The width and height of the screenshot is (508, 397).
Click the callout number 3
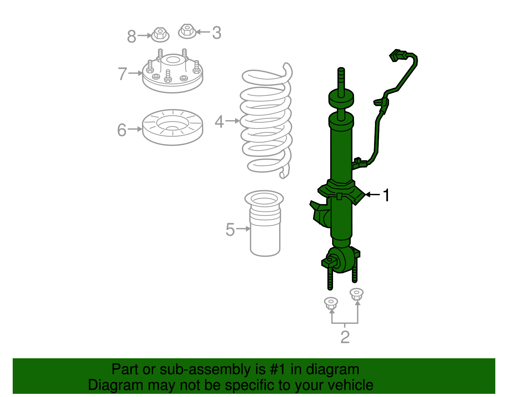pos(217,33)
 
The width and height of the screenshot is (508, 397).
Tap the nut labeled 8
pos(160,34)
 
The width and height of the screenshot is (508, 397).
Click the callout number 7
pos(122,74)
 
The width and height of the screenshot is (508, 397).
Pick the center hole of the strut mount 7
pos(173,60)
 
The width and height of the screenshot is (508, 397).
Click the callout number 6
pos(122,130)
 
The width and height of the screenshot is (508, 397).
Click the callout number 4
pos(219,121)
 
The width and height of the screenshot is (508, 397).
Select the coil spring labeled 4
pos(266,121)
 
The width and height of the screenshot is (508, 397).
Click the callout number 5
pos(230,229)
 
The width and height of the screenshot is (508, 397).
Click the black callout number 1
pos(386,195)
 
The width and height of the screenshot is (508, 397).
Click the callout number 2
pos(345,337)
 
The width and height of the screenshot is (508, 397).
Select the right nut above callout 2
pos(356,294)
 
